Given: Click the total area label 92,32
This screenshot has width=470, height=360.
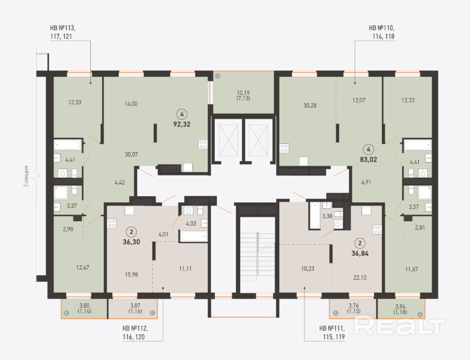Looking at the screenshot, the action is coord(182,124).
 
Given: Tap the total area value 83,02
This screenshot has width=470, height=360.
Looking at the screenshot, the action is coord(369,159).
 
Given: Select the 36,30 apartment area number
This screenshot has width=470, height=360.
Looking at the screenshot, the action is coord(131,242).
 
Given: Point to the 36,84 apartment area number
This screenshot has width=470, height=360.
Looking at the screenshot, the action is coord(360,254).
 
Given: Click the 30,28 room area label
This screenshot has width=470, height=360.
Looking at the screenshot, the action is coord(309,105).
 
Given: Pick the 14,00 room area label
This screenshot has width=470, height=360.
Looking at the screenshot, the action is coord(131,104).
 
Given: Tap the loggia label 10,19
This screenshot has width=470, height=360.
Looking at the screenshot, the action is coord(243,93).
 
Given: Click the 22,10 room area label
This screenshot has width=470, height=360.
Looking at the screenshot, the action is coord(360,278).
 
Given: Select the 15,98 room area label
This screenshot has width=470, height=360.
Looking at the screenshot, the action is coord(131,274).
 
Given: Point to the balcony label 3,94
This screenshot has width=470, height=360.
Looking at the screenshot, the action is coord(400,307).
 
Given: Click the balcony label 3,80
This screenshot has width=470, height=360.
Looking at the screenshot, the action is coord(85,306).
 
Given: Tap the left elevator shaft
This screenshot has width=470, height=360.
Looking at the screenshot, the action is coord(229,140).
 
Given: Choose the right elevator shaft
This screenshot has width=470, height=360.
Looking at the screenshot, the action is coord(258,140).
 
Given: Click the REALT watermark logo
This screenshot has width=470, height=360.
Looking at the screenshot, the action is coord(400,325).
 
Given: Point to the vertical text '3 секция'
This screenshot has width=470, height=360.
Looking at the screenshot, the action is coord(26,177).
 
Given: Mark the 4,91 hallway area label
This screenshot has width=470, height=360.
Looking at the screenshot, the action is coord(366,182).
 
